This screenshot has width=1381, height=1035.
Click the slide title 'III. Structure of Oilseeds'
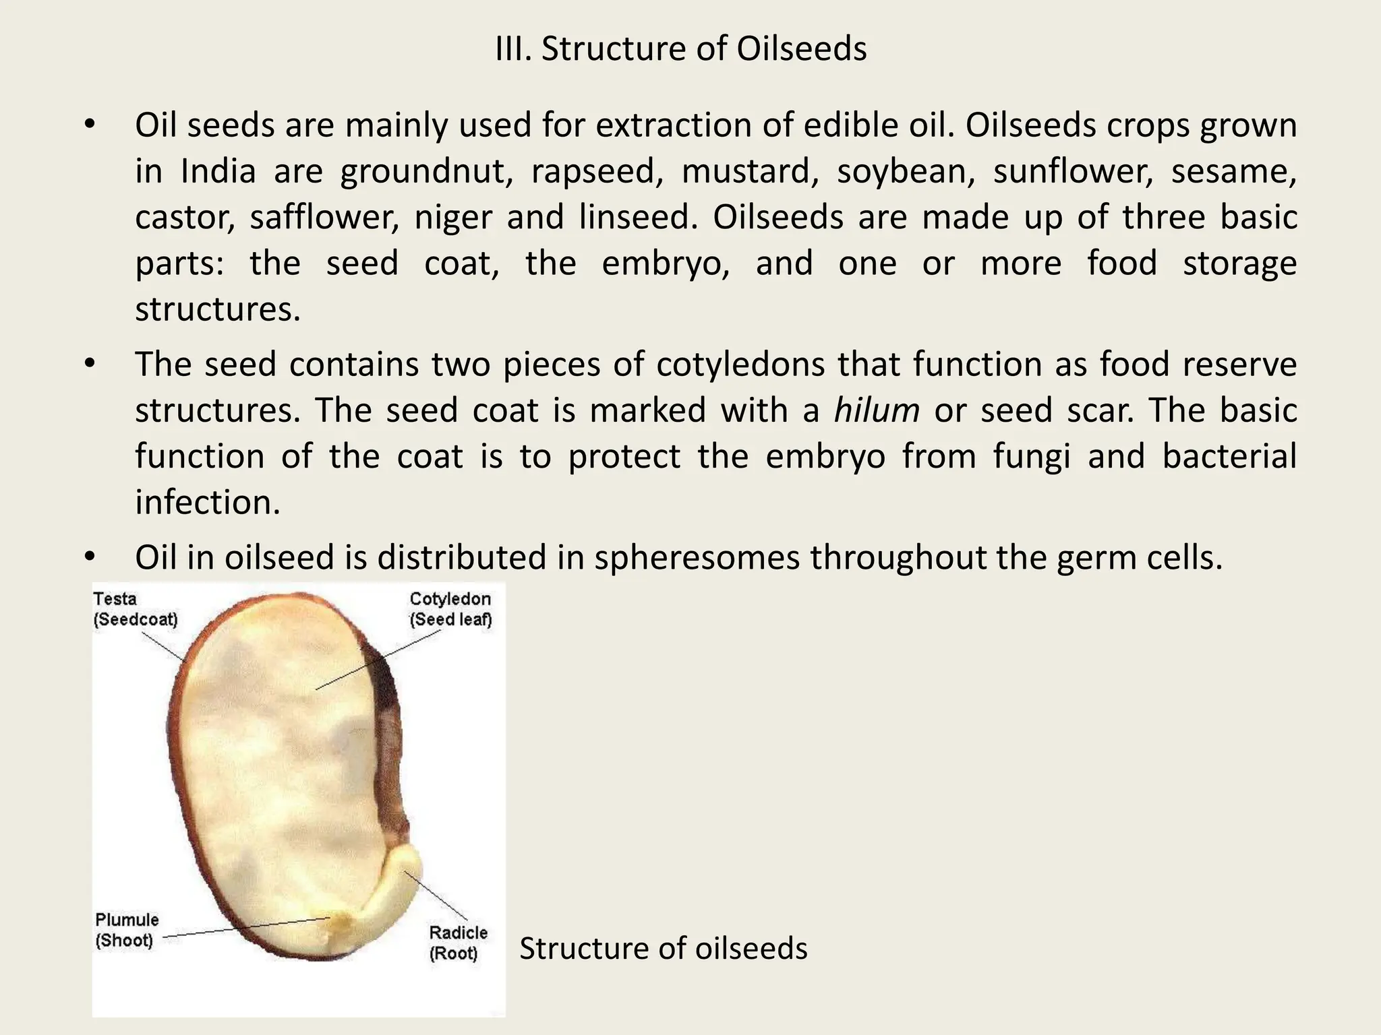tap(680, 49)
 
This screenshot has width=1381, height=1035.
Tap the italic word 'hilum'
tap(876, 410)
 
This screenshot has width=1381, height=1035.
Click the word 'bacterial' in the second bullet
tap(1229, 456)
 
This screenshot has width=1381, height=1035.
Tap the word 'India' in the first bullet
tap(218, 171)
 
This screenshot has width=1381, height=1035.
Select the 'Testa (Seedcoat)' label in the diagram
tap(135, 609)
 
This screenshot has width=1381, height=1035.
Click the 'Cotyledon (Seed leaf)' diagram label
tap(450, 609)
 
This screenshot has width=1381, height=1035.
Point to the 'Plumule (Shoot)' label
tap(127, 930)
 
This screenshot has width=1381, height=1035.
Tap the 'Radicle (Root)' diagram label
tap(457, 943)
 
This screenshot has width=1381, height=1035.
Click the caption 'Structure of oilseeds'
tap(663, 948)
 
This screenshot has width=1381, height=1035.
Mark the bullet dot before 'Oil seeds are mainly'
tap(90, 125)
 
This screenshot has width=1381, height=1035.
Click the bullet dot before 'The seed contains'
tap(90, 365)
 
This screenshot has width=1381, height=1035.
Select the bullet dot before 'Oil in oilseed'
tap(90, 557)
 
